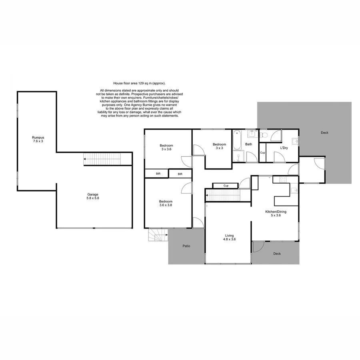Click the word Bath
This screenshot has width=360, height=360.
pos(249,144)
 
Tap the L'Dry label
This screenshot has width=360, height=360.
pos(284,148)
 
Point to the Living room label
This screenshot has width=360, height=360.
pos(229,236)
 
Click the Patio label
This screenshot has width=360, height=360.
pos(186,246)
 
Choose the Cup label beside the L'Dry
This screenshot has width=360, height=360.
pos(262,153)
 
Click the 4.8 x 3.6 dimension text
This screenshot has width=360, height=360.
pos(229,240)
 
